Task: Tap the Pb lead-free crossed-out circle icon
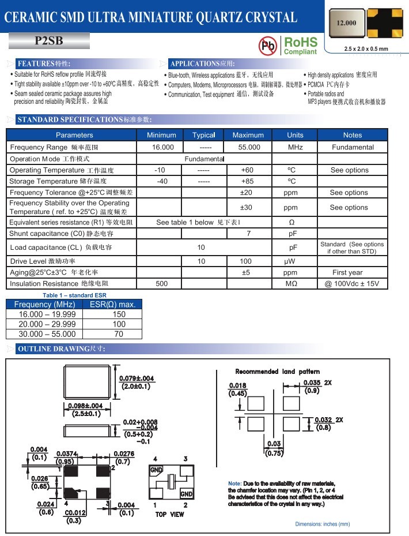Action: tap(267, 45)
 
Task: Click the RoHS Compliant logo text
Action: tap(300, 46)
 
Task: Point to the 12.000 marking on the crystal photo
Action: tap(346, 23)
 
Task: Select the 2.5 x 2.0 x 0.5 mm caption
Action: tap(366, 49)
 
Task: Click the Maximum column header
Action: tap(248, 135)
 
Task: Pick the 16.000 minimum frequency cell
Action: tap(163, 147)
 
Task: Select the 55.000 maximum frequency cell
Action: tap(249, 147)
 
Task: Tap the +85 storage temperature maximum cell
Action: tap(247, 181)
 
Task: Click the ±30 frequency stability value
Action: tap(247, 207)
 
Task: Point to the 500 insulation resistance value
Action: tap(162, 284)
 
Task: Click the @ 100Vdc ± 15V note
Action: tap(352, 284)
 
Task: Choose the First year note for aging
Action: tap(347, 272)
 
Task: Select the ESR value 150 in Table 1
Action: tap(119, 314)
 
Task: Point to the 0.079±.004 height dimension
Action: tap(137, 378)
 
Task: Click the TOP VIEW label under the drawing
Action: tap(170, 514)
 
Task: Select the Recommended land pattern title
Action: tap(278, 372)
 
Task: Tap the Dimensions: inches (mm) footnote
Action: tap(323, 524)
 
